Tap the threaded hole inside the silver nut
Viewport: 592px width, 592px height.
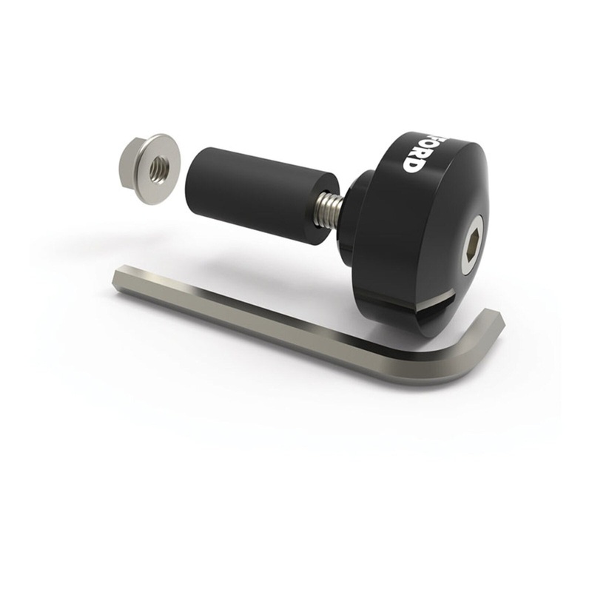click(158, 170)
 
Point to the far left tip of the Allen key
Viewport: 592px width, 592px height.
click(118, 277)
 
